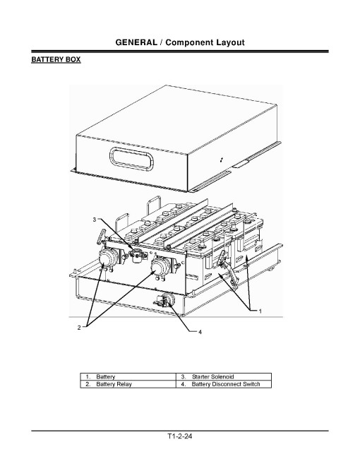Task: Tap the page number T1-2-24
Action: [180, 436]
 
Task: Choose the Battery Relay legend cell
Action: [114, 385]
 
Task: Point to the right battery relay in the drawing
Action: [162, 266]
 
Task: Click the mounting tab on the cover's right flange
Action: [242, 164]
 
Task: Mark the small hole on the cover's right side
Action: [222, 160]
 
